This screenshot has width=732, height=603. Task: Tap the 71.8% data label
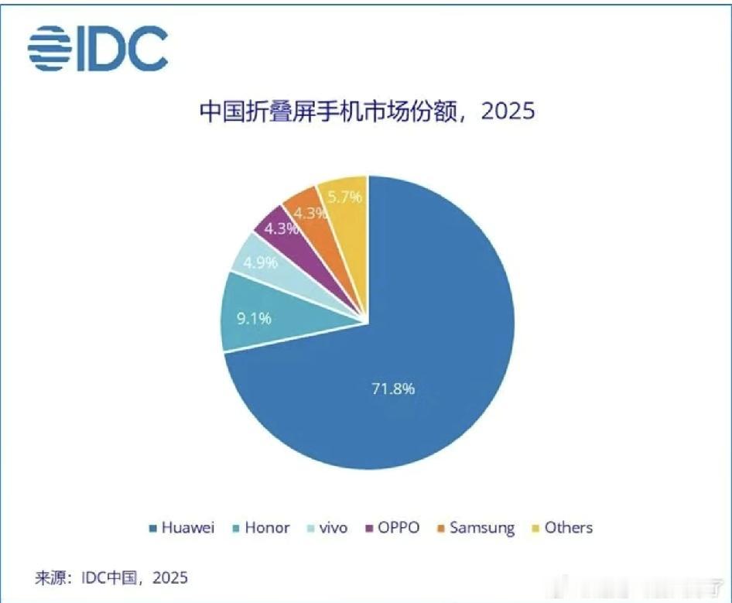coord(392,389)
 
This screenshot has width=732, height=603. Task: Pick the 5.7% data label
coord(345,197)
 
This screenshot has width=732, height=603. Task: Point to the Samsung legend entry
coord(475,528)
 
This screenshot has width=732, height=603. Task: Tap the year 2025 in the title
coord(508,111)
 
